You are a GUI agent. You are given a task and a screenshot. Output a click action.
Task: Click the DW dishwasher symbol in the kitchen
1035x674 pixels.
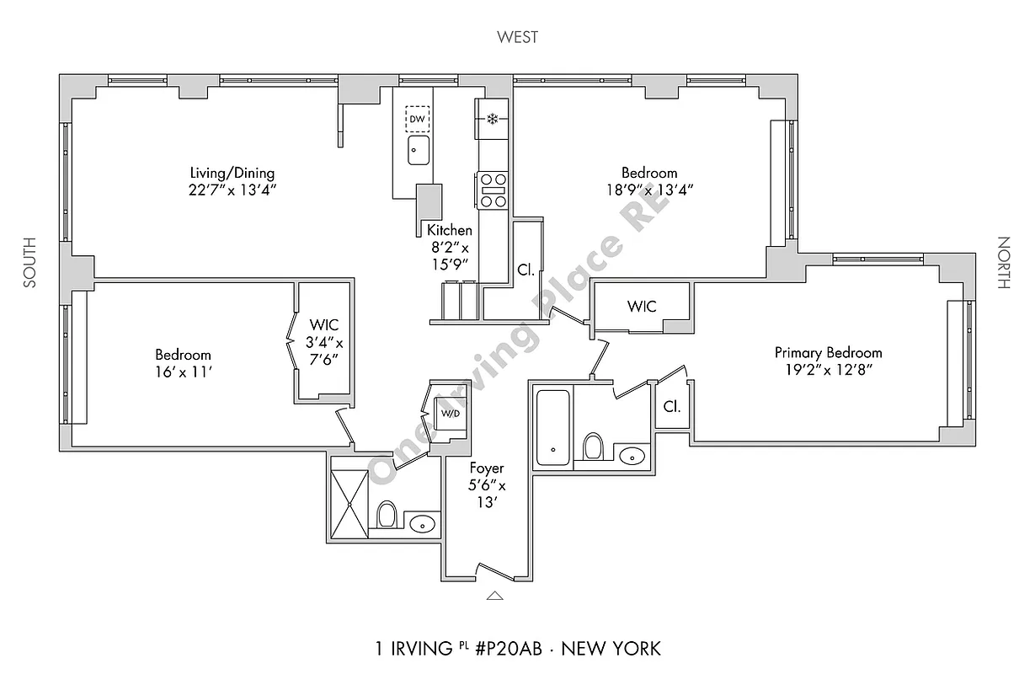coord(417,119)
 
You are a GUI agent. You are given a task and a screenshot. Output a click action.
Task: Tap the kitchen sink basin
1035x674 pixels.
coord(418,151)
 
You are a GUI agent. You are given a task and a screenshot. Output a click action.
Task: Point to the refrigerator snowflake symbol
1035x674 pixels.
coord(493,119)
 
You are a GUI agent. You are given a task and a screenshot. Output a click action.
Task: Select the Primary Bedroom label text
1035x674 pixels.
coord(828,353)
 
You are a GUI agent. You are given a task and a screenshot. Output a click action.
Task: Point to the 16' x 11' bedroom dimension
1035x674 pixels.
coord(183,372)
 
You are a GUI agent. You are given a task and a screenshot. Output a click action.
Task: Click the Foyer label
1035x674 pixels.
coord(486,468)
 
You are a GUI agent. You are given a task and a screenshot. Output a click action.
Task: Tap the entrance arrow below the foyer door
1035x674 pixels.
coord(494,596)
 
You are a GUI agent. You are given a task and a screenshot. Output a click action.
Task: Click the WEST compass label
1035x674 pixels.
coord(517,37)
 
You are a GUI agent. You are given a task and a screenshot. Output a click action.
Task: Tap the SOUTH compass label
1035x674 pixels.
coord(29,263)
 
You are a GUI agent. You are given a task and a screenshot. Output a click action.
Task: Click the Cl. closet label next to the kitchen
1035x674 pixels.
coord(525,270)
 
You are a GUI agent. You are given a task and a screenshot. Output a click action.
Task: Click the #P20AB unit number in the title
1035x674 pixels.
coord(509,649)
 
